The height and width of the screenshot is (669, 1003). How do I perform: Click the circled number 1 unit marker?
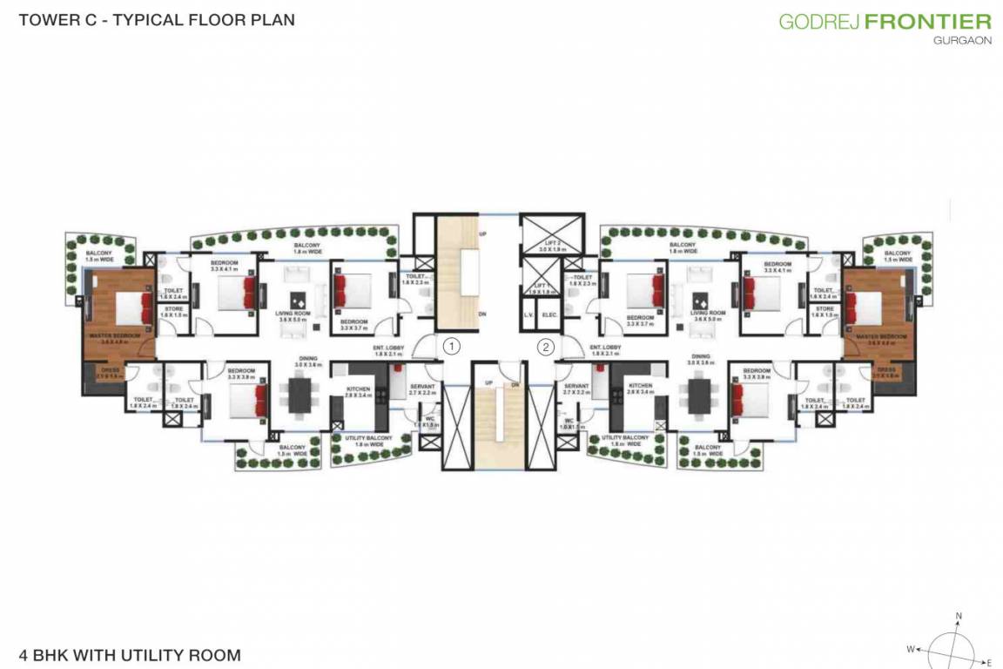pos(450,346)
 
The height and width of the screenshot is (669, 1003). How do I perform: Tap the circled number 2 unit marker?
pos(545,346)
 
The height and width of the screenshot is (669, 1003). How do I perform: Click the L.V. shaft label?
pos(528,314)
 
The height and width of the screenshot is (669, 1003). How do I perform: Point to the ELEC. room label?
pos(549,314)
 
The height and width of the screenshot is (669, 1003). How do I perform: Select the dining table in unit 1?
pos(300,393)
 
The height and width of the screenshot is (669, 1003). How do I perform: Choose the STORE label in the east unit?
pos(825,308)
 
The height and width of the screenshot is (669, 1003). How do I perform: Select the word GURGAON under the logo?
pos(962,41)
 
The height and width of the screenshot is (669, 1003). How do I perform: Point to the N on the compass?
pos(959,616)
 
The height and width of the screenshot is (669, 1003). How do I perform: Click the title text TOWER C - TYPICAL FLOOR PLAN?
pos(157,19)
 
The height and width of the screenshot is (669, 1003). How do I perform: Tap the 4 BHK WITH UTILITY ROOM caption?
pos(129,654)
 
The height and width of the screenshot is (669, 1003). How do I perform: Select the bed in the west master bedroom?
pos(126,307)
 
